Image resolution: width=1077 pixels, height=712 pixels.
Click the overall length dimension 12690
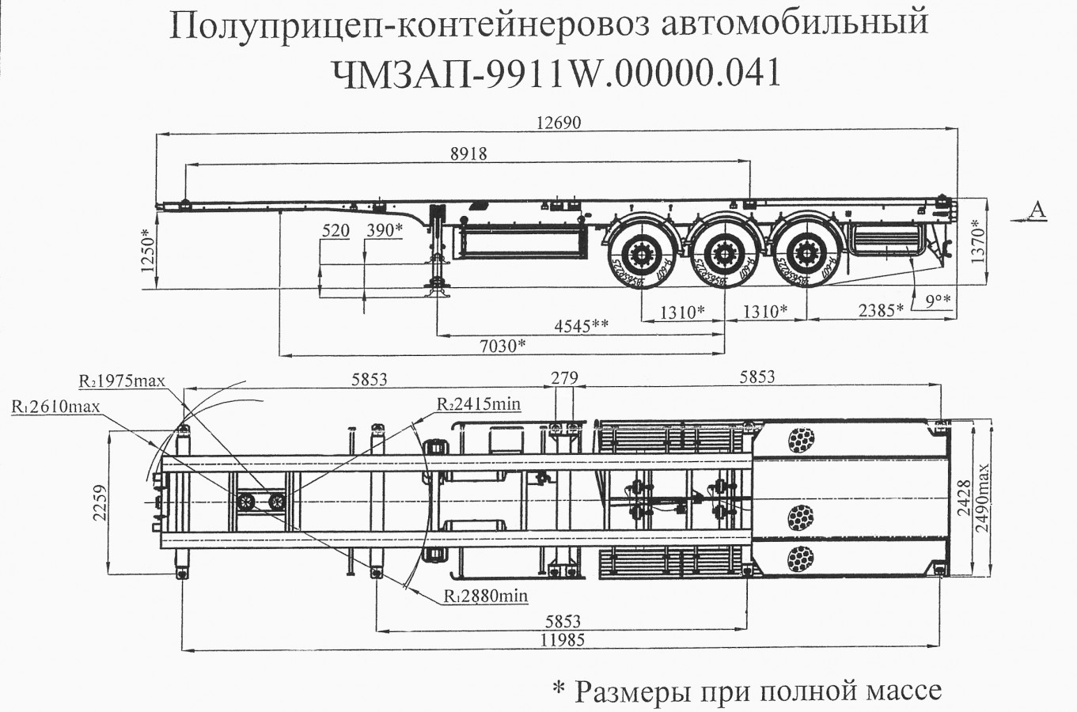[x=558, y=123]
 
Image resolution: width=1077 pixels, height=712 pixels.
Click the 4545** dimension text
[x=582, y=326]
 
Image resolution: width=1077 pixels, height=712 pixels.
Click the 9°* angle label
[x=937, y=300]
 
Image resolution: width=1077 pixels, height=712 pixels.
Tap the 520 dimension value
[x=336, y=231]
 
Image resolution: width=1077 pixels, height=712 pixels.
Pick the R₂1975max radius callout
[x=122, y=381]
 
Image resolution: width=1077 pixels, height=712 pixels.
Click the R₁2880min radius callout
[x=485, y=596]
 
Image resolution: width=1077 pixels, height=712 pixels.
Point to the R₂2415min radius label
[x=479, y=404]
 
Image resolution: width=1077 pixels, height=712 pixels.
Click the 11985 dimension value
[x=559, y=640]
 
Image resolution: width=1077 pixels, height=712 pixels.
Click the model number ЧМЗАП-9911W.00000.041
[x=552, y=74]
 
